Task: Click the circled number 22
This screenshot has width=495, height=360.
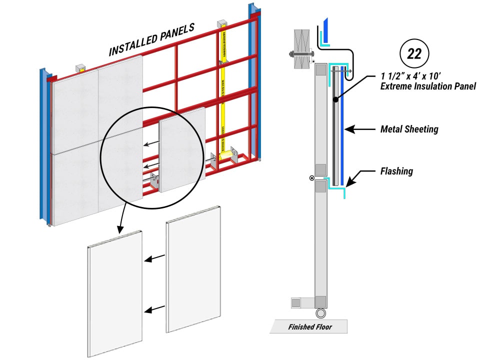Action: pos(414,53)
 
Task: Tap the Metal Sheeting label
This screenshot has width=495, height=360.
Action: pos(409,129)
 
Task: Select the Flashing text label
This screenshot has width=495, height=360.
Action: pos(396,171)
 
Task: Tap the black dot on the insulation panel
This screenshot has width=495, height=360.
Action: pos(335,100)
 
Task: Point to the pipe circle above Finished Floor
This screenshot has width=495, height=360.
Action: pos(320,313)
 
